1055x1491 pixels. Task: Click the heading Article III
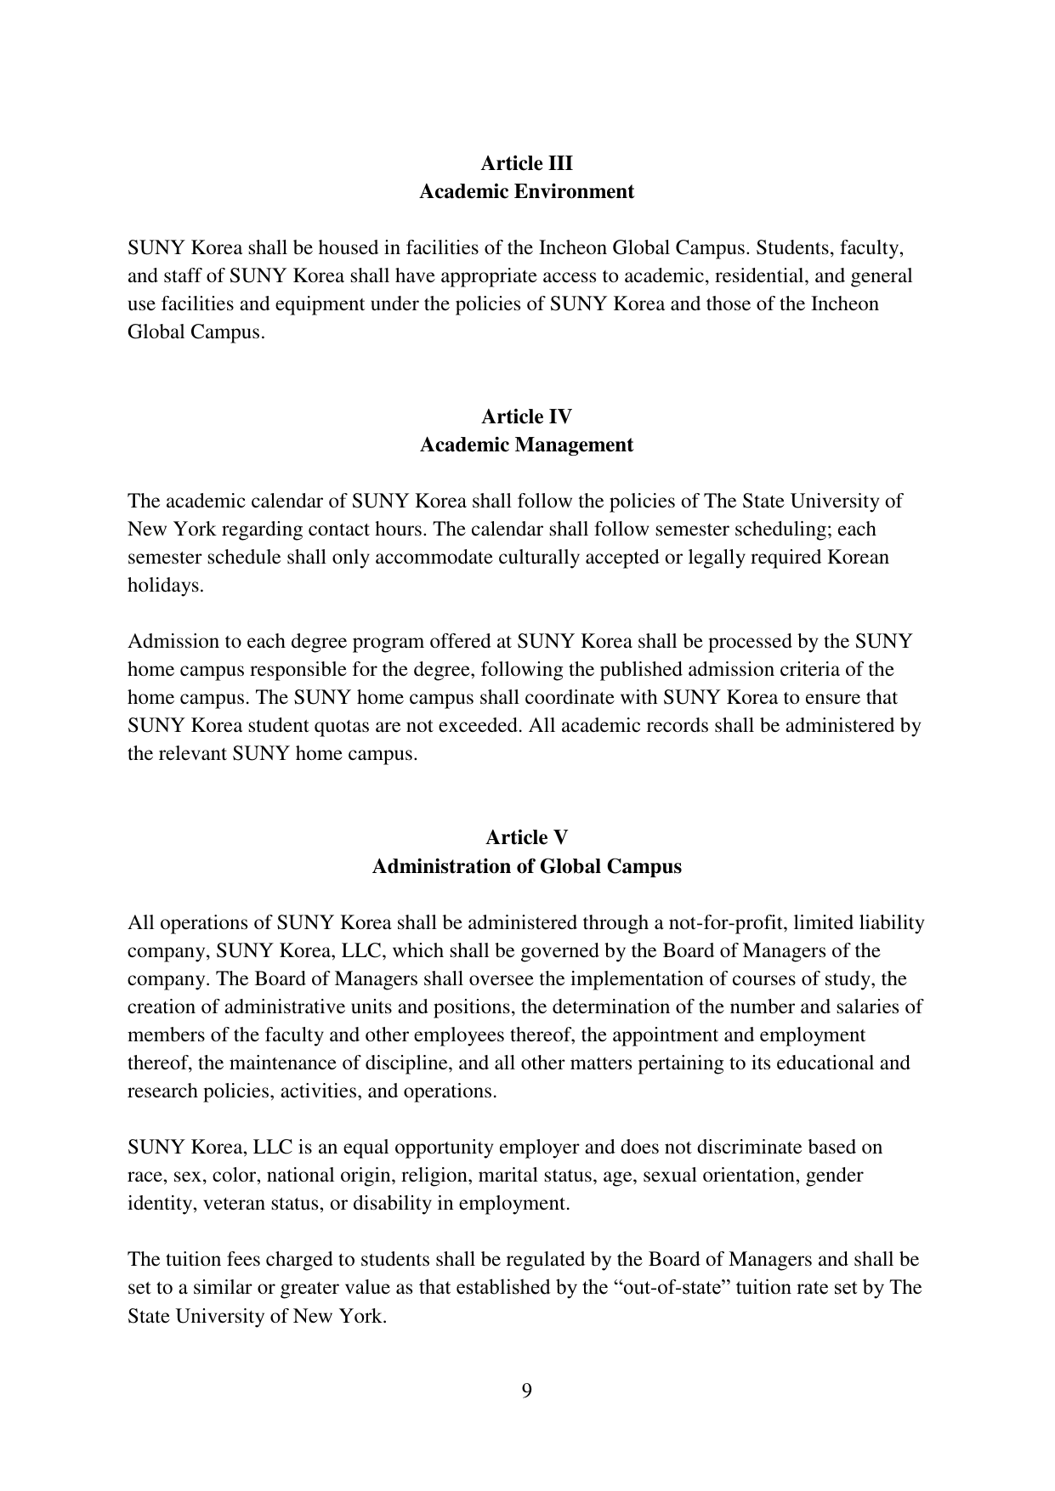(x=526, y=163)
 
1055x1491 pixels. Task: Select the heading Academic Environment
(x=526, y=191)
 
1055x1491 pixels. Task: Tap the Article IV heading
(x=526, y=417)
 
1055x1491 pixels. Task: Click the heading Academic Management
(x=526, y=445)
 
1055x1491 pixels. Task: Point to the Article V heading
(x=526, y=838)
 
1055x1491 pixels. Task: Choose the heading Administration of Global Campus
(x=526, y=866)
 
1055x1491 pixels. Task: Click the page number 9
(x=527, y=1391)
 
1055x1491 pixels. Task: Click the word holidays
(x=166, y=586)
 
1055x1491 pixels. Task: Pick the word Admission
(x=167, y=642)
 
